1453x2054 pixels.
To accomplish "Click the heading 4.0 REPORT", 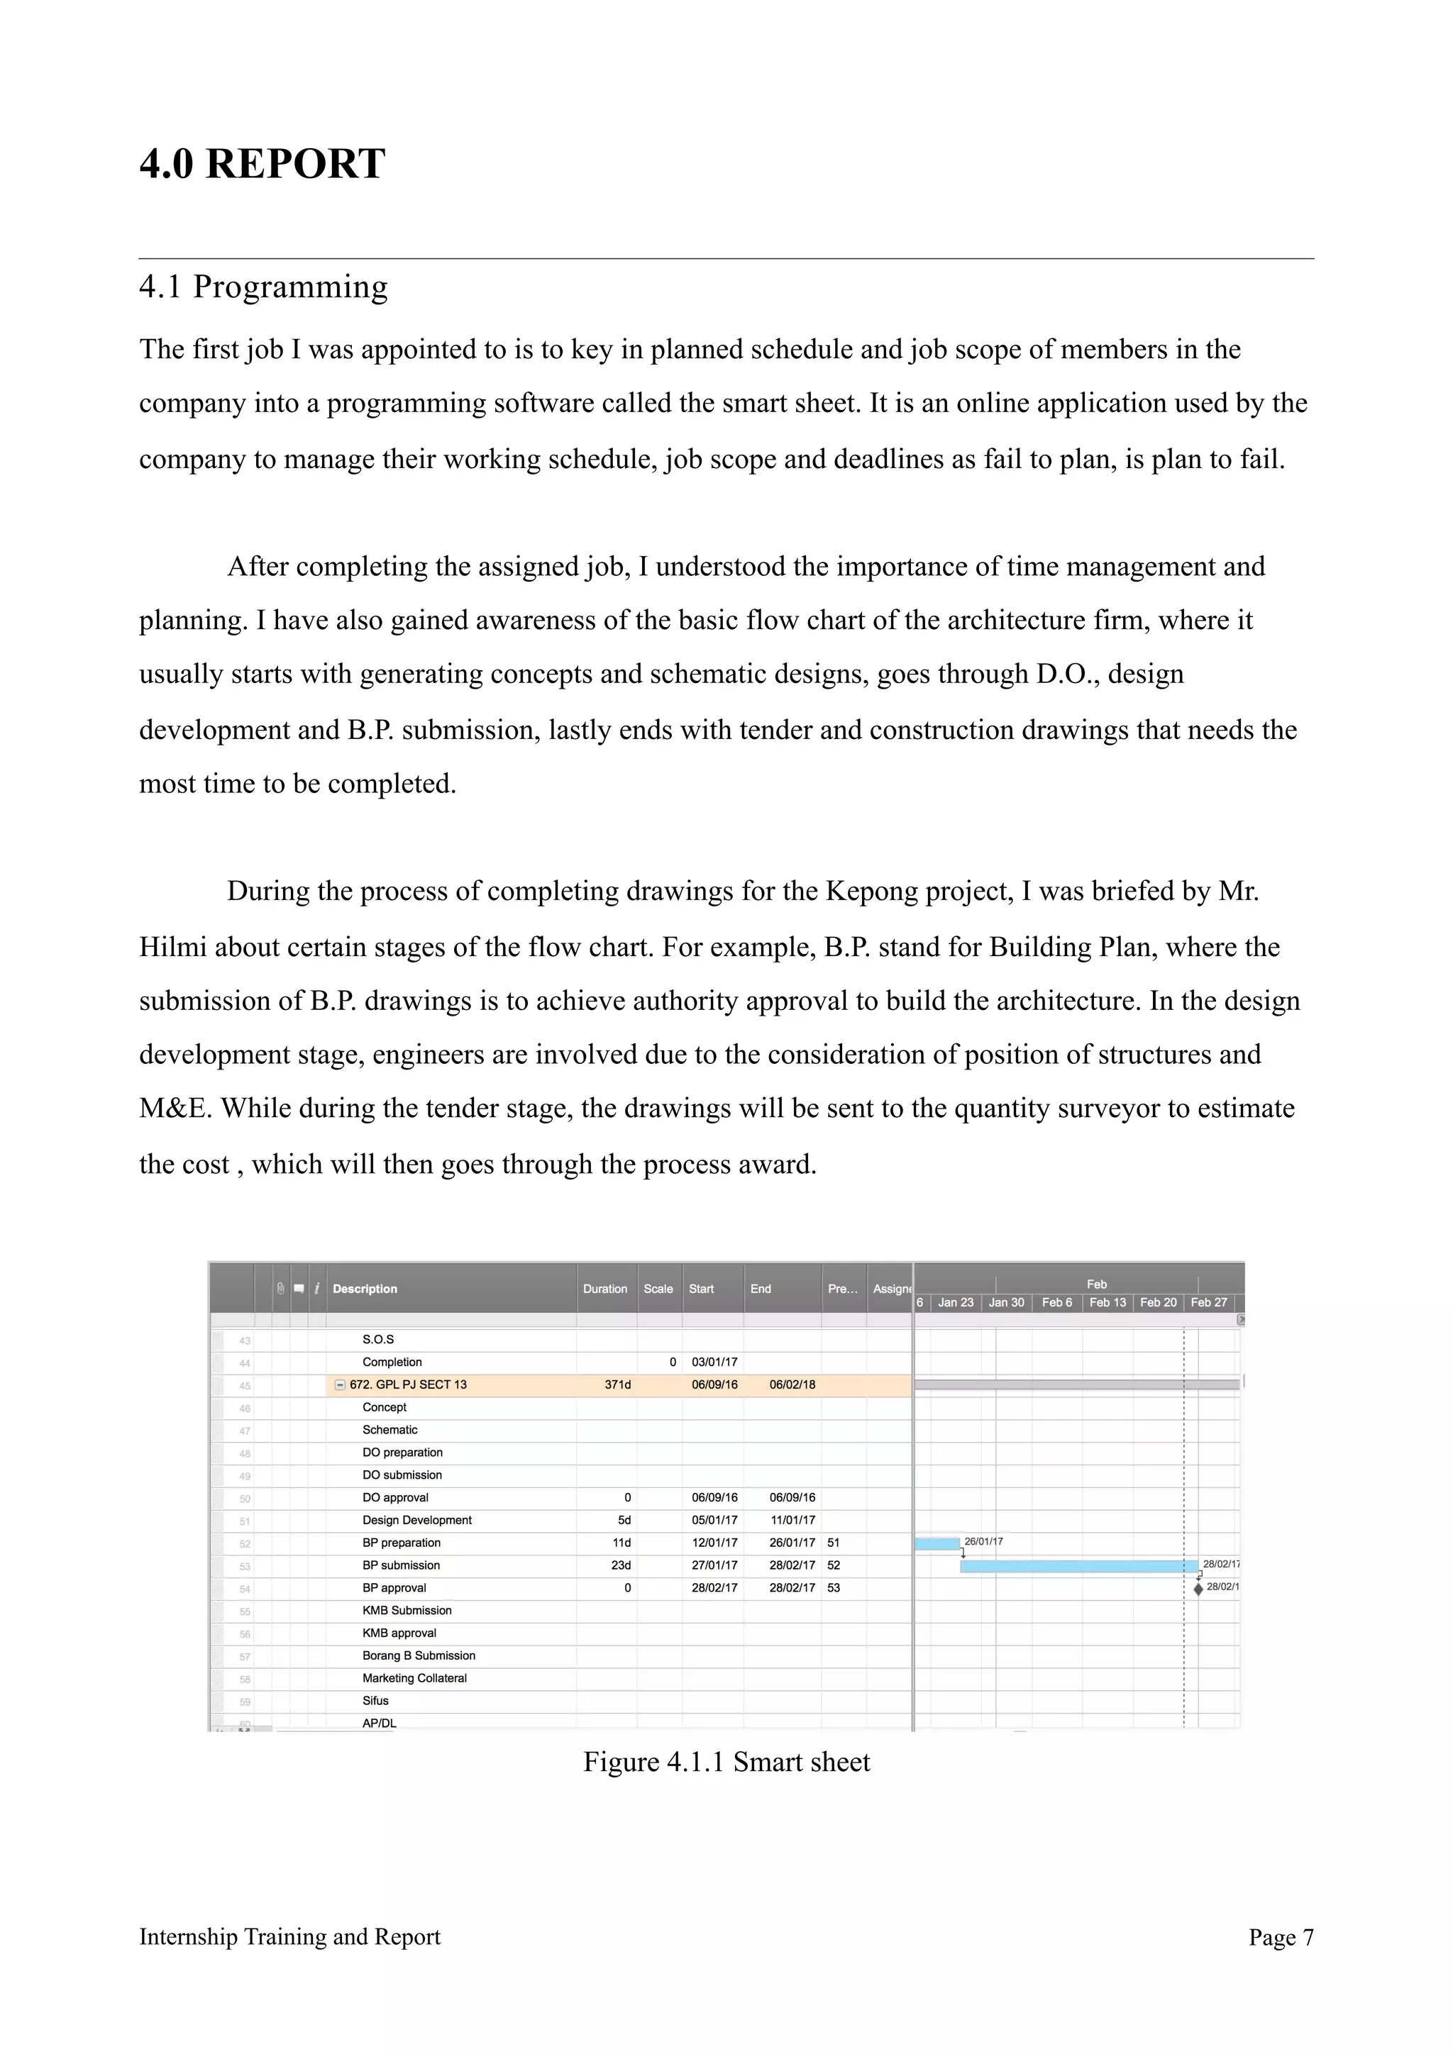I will tap(262, 164).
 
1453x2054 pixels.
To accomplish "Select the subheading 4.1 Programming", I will tap(263, 287).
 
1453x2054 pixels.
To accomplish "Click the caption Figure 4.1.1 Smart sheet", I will tap(726, 1762).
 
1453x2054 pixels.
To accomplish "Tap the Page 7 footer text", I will tap(1281, 1937).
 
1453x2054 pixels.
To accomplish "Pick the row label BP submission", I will tap(401, 1565).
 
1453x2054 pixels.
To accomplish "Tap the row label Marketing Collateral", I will tap(414, 1677).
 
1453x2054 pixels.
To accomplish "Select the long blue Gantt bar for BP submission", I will tap(1078, 1567).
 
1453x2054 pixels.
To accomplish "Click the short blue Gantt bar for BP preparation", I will tap(937, 1543).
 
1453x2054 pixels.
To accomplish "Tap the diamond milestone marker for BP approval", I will tap(1198, 1589).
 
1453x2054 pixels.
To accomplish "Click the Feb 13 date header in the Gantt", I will tap(1107, 1302).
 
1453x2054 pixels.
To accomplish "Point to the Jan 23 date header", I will tap(955, 1302).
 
